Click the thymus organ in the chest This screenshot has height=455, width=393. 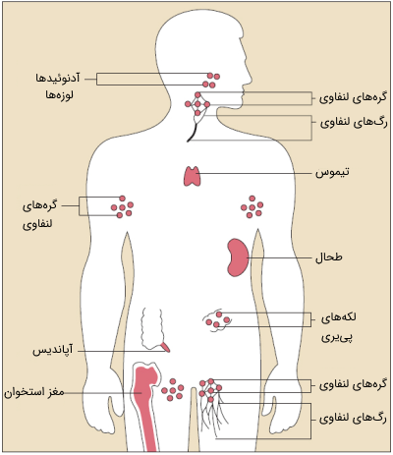point(192,176)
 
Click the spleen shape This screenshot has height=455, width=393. point(238,257)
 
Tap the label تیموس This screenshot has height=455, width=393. point(332,172)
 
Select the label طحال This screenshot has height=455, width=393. point(329,257)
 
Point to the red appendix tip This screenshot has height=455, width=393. point(166,347)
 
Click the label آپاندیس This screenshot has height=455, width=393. point(53,350)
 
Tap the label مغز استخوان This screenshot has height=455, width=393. point(34,392)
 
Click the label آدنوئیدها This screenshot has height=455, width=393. point(58,79)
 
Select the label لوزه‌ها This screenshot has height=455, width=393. point(60,95)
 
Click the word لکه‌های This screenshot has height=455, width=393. point(339,317)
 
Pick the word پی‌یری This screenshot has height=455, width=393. point(337,336)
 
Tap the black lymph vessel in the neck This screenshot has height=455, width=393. point(193,133)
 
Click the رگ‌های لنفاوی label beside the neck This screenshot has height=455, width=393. point(354,123)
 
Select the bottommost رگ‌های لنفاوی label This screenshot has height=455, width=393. point(353,419)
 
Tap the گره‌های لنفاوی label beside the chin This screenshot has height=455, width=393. point(354,98)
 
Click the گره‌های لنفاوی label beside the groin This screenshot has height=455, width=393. point(353,384)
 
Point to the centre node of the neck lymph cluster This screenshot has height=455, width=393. point(197,104)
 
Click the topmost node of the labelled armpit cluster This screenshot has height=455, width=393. point(123,199)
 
